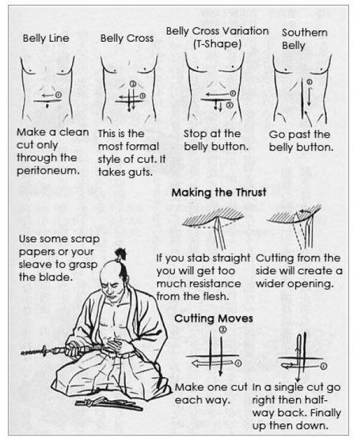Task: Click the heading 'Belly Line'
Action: pos(45,38)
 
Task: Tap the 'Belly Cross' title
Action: pos(126,38)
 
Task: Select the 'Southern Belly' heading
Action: pos(304,39)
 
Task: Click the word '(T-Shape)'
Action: pos(217,44)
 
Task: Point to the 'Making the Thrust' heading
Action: pos(219,193)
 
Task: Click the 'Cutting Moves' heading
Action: pos(214,318)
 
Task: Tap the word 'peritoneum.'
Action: pos(48,171)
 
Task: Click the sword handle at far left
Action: pos(39,352)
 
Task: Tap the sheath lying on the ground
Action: pos(108,402)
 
